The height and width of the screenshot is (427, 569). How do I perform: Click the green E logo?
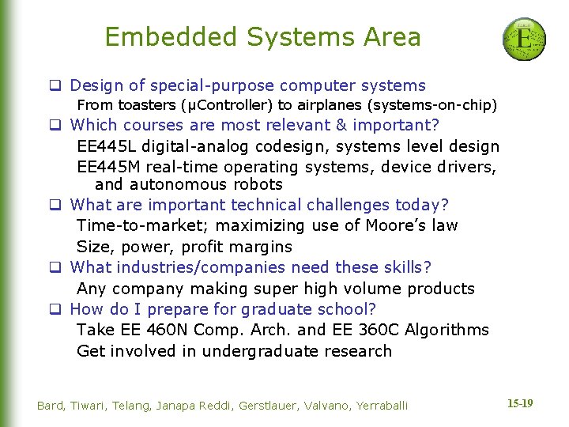point(524,39)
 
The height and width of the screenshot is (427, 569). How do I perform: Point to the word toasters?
point(148,104)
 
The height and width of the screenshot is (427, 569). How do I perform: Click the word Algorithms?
point(447,330)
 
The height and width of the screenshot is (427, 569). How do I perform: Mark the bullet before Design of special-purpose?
point(57,86)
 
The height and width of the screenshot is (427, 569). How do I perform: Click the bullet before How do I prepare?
point(57,309)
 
